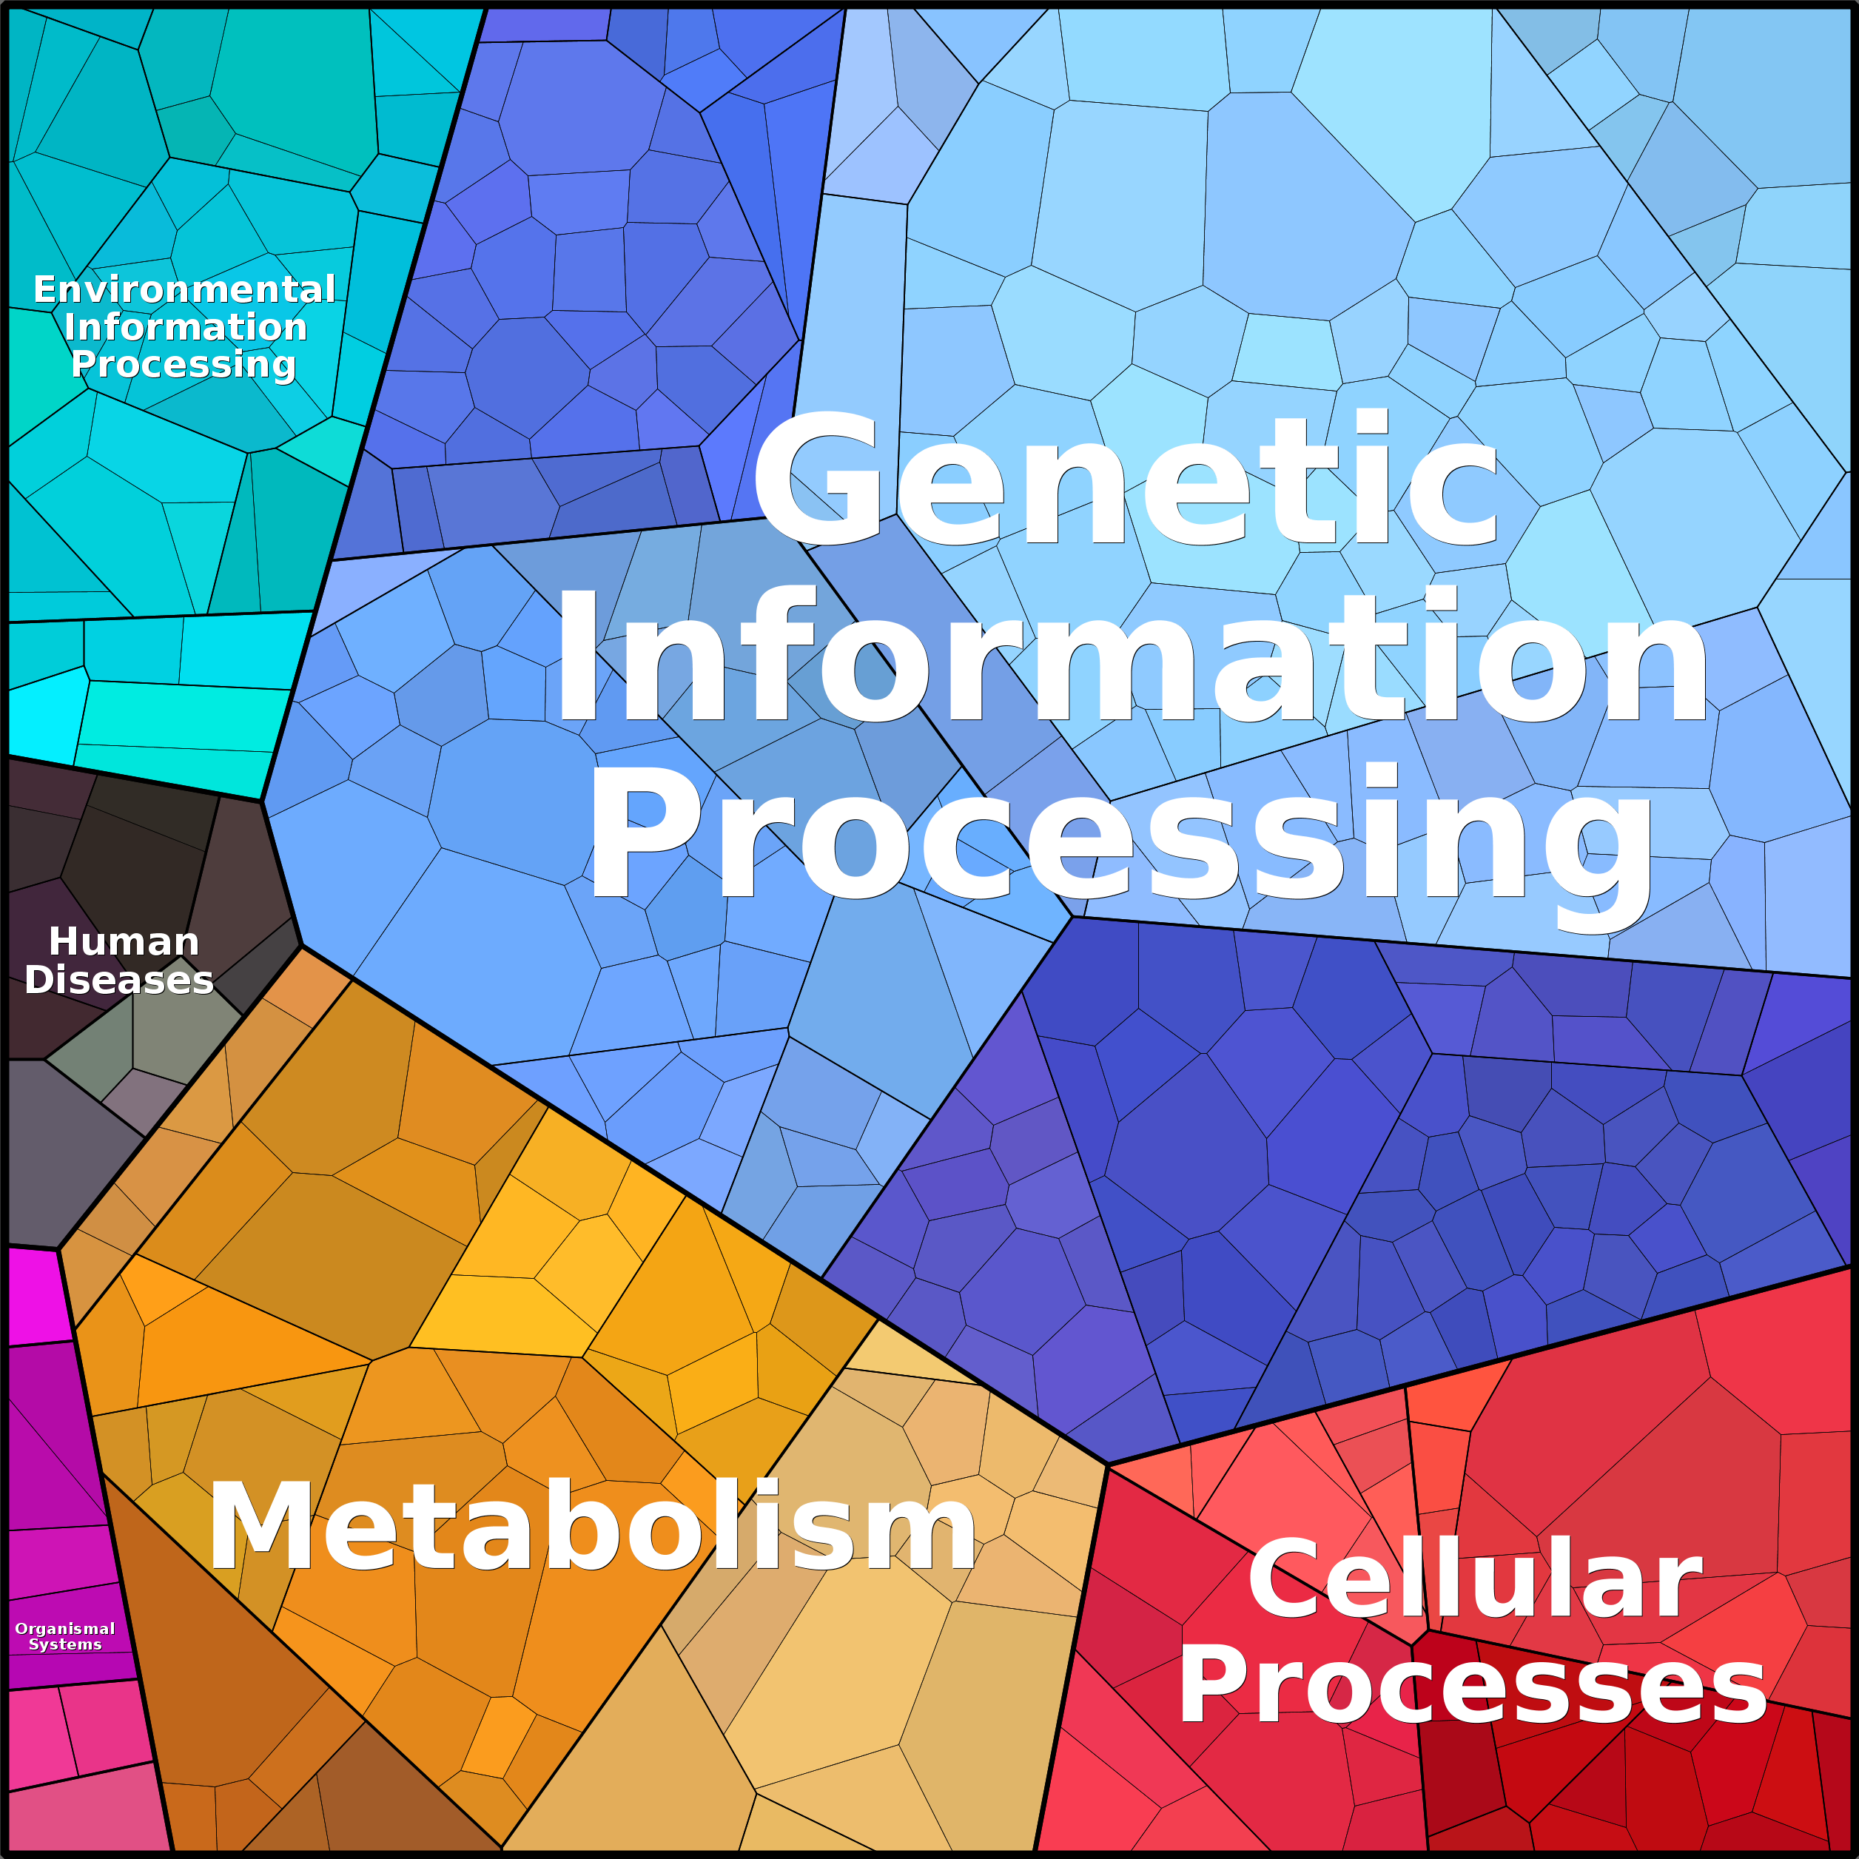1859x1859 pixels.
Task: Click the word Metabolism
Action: [x=593, y=1526]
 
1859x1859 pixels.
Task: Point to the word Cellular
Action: [x=1475, y=1578]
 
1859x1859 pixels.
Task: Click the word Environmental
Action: [x=185, y=289]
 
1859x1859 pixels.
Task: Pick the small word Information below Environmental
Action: [x=186, y=327]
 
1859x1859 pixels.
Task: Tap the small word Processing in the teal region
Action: [x=184, y=365]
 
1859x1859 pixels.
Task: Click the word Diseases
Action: [x=119, y=980]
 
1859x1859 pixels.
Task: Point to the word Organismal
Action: [x=64, y=1629]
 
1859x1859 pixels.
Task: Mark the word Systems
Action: [x=65, y=1644]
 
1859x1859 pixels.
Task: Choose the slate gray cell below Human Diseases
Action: [x=67, y=1150]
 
